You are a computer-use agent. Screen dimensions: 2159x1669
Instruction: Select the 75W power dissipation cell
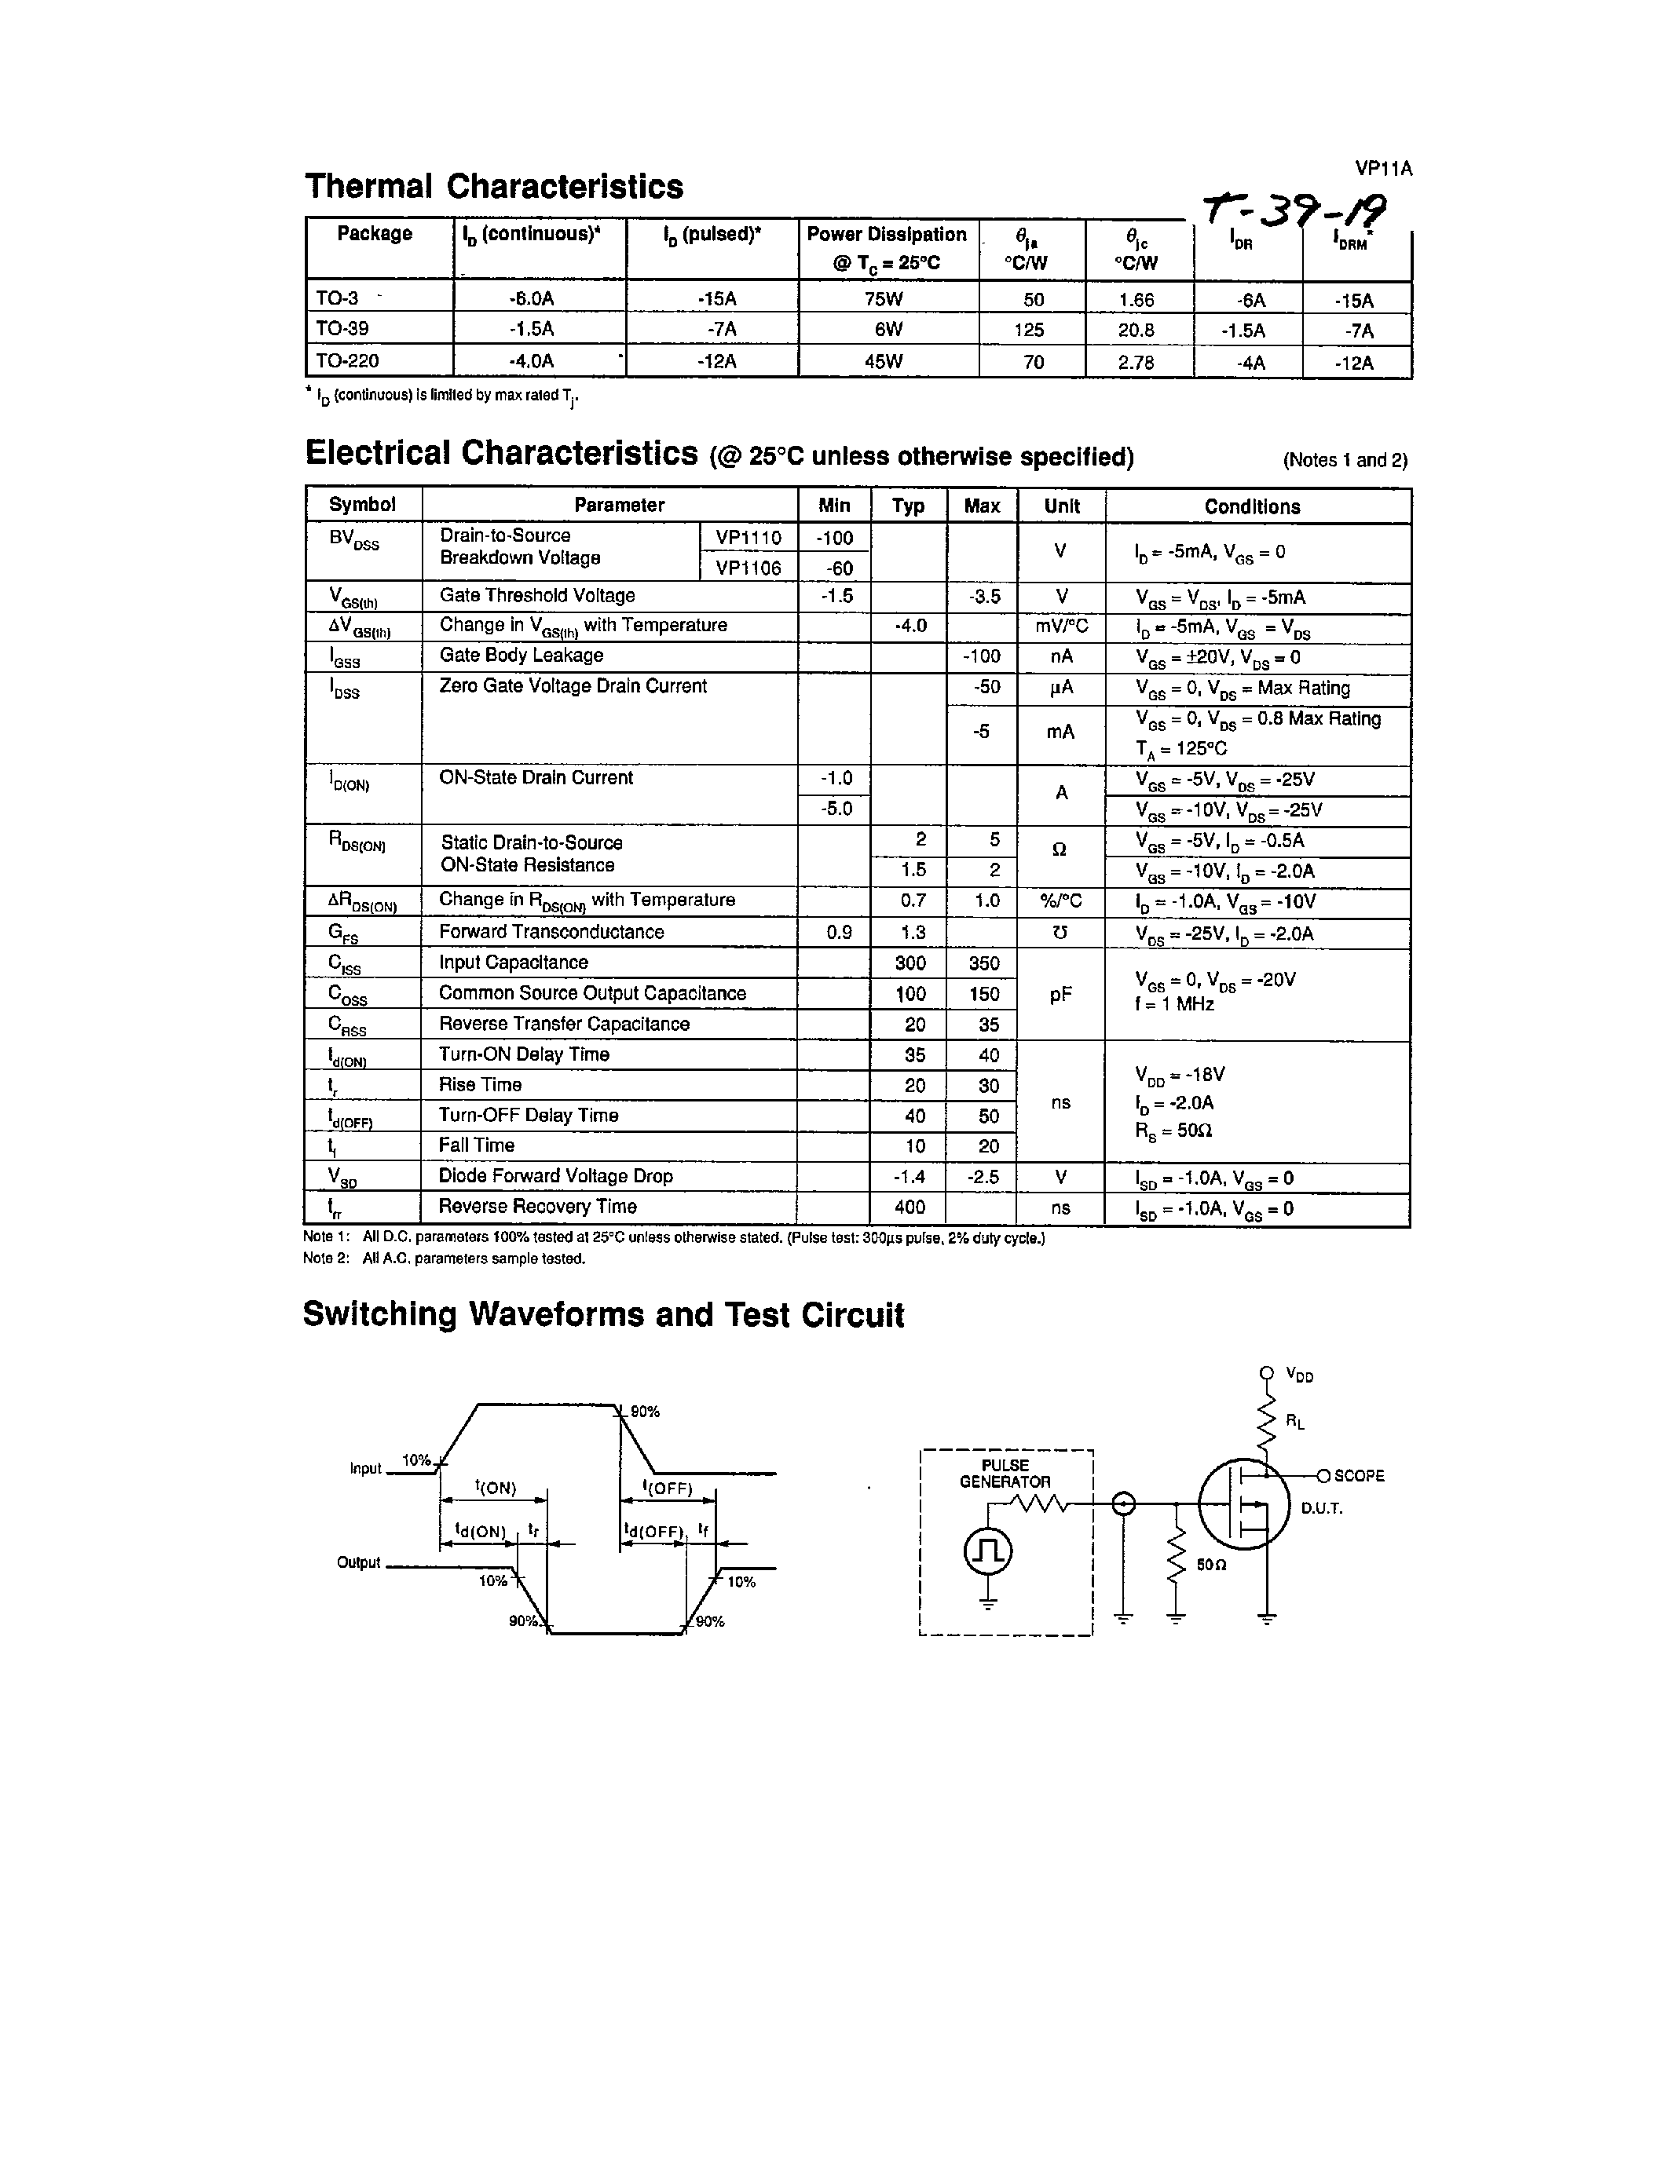[883, 298]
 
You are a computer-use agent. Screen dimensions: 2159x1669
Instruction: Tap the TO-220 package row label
[347, 361]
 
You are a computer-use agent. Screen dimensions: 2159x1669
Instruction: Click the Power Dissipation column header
[886, 247]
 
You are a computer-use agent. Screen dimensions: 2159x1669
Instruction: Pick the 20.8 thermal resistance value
[1136, 331]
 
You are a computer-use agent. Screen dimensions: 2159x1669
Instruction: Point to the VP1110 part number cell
[748, 538]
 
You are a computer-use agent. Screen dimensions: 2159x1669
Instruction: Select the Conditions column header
[1252, 506]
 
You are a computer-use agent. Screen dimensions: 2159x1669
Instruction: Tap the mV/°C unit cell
[1061, 626]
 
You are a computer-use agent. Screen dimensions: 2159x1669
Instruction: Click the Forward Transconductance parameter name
[551, 932]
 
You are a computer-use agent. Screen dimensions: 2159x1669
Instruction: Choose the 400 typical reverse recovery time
[910, 1207]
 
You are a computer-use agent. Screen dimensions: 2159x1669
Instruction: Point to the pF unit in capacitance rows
[1061, 995]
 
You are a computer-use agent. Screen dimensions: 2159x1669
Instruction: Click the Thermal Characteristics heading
[493, 186]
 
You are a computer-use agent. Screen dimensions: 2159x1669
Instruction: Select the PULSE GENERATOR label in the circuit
[1005, 1473]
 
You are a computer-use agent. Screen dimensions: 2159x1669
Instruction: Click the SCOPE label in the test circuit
[1359, 1476]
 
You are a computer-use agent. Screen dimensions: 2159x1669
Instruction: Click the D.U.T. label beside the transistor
[1322, 1508]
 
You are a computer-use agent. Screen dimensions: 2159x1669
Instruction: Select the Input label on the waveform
[365, 1468]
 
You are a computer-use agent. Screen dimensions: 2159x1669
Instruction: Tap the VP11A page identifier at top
[1383, 168]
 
